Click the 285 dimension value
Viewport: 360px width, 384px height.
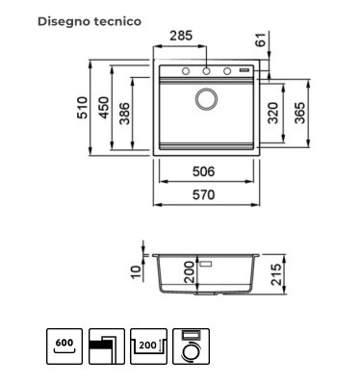[x=181, y=36]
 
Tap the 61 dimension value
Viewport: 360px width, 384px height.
[x=262, y=39]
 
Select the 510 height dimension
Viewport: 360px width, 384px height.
[x=82, y=108]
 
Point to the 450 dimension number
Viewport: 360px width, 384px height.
[x=104, y=108]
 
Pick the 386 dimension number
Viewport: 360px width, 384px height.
[x=124, y=114]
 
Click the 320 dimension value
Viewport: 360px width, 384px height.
[x=273, y=113]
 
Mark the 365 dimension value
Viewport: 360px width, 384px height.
[x=300, y=113]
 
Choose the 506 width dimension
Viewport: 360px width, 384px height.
[x=203, y=171]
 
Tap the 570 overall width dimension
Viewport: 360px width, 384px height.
[x=203, y=194]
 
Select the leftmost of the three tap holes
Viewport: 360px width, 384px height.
[x=186, y=71]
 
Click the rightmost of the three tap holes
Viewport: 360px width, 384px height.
[x=227, y=71]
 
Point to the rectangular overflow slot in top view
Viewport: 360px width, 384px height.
[x=244, y=69]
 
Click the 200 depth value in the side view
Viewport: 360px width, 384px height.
[x=190, y=272]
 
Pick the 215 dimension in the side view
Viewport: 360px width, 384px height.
[x=276, y=274]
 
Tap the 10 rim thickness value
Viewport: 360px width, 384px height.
[x=136, y=272]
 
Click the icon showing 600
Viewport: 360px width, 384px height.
[x=64, y=346]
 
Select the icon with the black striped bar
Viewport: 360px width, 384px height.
[x=107, y=346]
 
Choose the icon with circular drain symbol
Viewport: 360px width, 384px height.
[x=191, y=346]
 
